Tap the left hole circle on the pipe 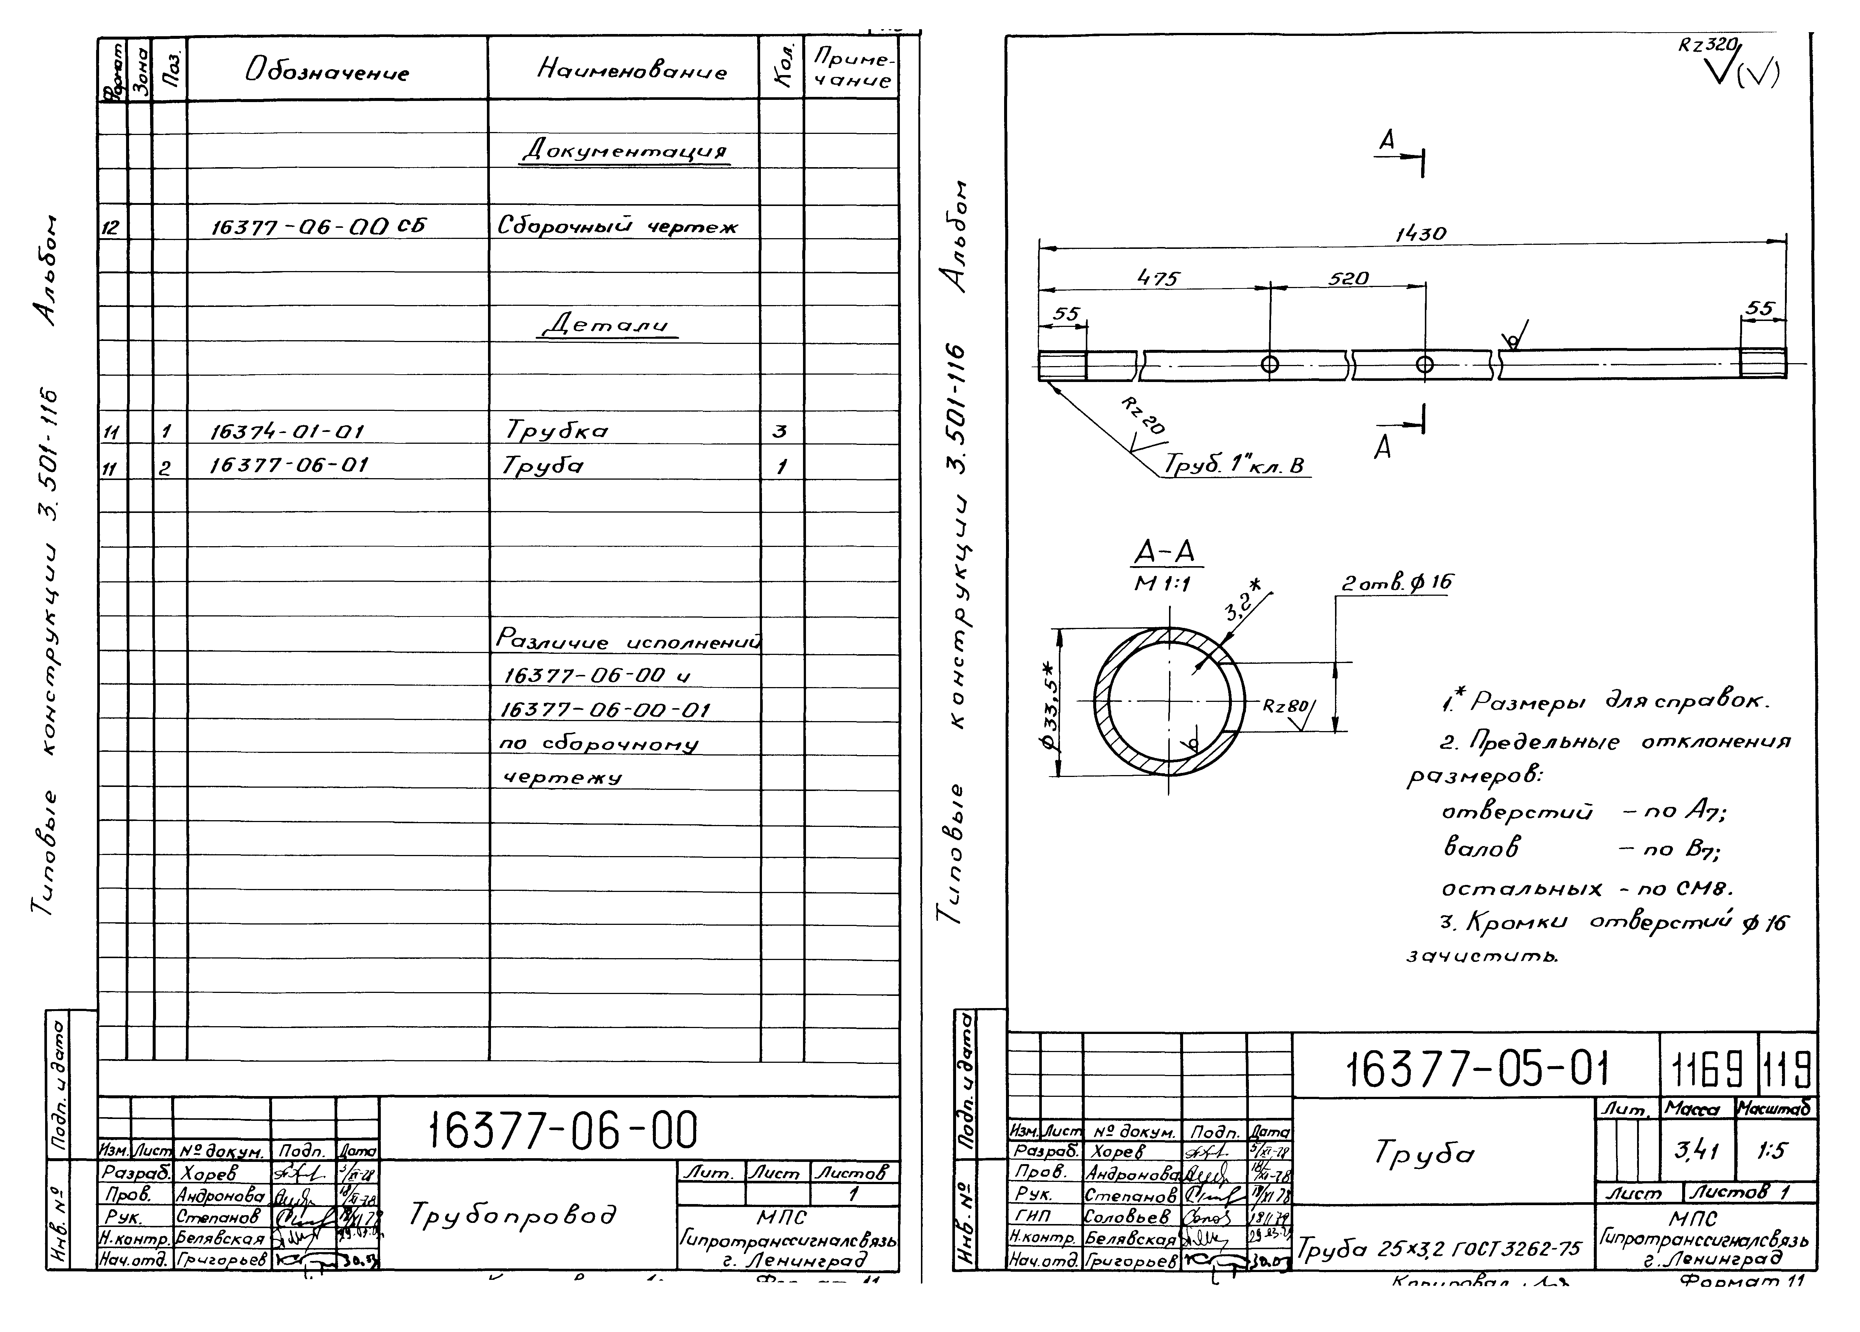click(x=1270, y=364)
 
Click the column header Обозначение click(x=326, y=72)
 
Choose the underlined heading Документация click(x=625, y=151)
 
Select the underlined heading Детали click(x=608, y=325)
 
